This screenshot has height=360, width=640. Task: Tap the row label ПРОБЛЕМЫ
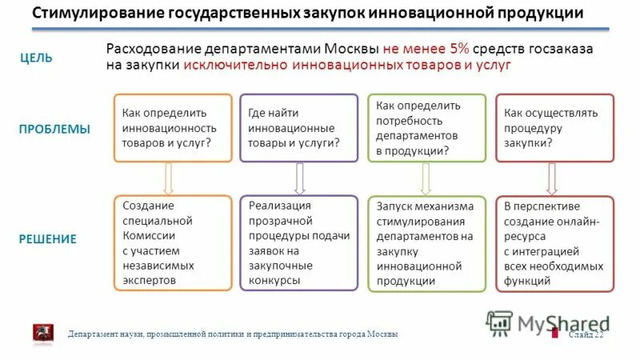(x=54, y=129)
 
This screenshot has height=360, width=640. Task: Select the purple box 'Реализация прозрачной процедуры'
(x=298, y=242)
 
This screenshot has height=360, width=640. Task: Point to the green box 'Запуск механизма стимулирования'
(x=426, y=242)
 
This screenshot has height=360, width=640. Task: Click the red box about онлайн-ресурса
(x=554, y=242)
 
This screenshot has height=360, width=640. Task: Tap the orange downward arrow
(x=169, y=178)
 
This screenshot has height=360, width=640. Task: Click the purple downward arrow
(x=299, y=178)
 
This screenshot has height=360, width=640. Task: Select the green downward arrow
(x=424, y=178)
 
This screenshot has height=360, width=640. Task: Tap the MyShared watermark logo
(x=547, y=323)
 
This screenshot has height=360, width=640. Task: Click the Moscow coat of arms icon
(x=42, y=333)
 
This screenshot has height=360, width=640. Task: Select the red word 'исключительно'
(x=226, y=66)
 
